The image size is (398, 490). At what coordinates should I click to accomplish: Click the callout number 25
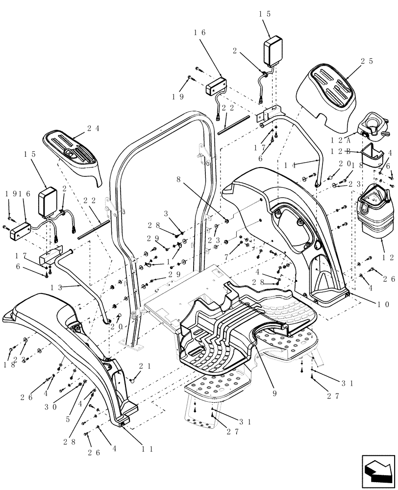367,62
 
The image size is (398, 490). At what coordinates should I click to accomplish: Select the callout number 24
93,129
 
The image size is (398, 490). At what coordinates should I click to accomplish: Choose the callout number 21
144,366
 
